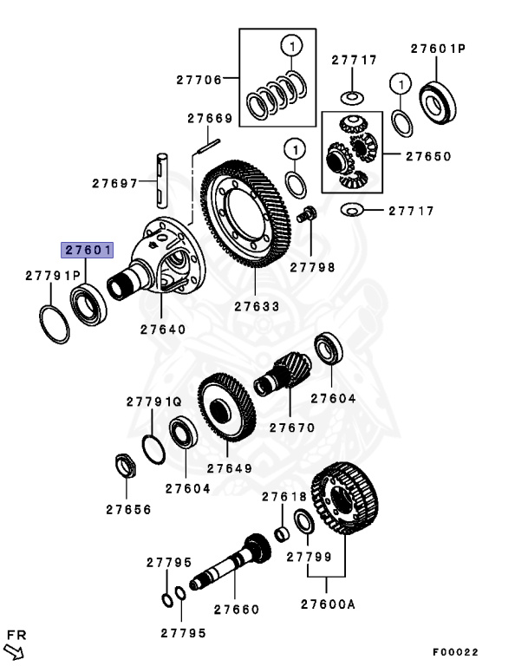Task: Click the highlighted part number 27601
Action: coord(86,250)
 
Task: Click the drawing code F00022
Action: coord(455,652)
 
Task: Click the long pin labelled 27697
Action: coord(161,180)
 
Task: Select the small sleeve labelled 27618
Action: coord(281,532)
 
